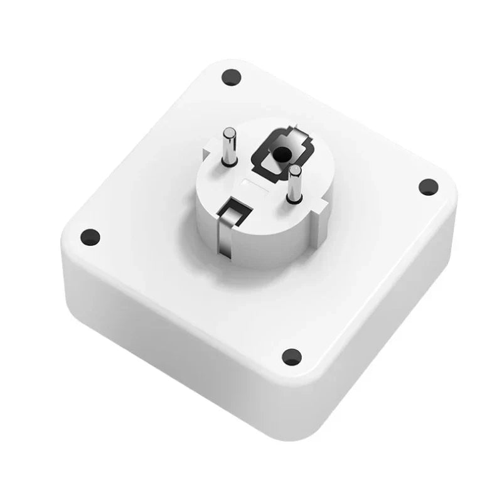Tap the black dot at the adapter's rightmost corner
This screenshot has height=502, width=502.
tap(427, 186)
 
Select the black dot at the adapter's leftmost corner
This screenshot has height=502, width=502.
tap(90, 237)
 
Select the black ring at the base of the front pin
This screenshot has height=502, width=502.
tap(292, 200)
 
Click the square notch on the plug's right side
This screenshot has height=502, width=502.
tap(322, 205)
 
